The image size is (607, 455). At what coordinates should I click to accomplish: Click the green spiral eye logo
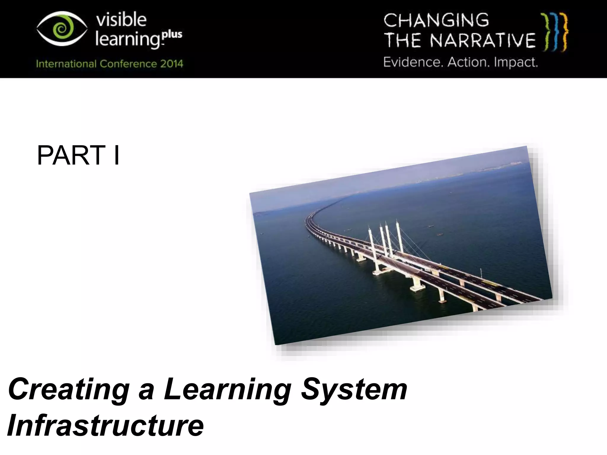(62, 29)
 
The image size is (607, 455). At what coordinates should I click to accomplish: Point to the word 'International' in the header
(66, 64)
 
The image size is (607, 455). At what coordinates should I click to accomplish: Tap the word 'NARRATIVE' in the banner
(483, 41)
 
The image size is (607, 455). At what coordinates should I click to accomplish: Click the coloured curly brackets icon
(554, 32)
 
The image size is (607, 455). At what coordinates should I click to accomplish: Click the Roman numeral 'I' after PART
(116, 156)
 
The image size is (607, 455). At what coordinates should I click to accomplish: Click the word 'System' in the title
(354, 390)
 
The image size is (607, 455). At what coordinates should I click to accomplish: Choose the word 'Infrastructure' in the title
(106, 425)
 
